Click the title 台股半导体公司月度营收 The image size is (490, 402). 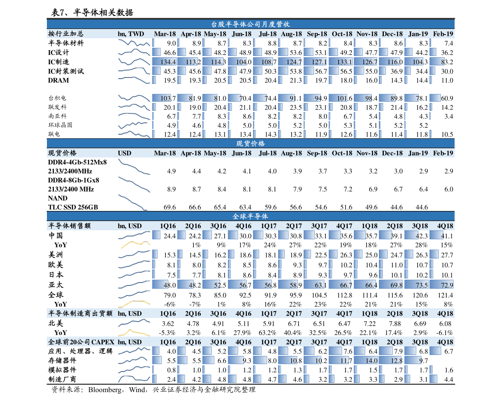coord(251,24)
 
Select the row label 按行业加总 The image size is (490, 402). coord(66,34)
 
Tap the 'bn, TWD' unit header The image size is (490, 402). coord(131,34)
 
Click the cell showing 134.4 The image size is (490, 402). coord(165,62)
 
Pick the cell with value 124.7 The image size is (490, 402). coord(290,62)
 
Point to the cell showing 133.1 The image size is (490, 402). coord(341,62)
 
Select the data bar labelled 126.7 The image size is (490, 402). coord(366,62)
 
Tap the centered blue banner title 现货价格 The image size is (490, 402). coord(251,143)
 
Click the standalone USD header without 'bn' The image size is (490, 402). coord(124,153)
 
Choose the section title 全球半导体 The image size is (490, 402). coord(251,216)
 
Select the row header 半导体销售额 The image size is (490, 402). coord(69,226)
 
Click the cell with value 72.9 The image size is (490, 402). coord(442,285)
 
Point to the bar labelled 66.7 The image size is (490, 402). coord(341,285)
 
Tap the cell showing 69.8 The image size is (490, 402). coord(391,285)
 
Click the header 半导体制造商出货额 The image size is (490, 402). coord(80,313)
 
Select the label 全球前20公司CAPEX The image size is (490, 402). coord(81,342)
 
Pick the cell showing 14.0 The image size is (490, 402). coord(366,360)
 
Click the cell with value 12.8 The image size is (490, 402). coord(391,360)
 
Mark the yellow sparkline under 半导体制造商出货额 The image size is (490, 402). coord(134,332)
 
